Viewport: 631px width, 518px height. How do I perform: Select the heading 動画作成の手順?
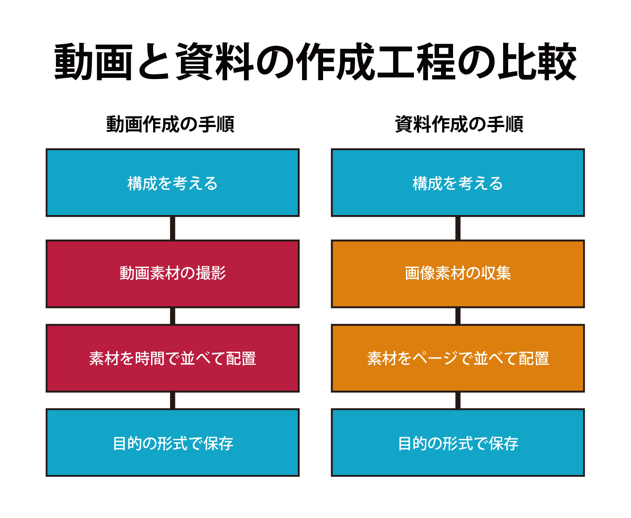[170, 124]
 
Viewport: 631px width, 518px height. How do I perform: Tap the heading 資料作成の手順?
[459, 124]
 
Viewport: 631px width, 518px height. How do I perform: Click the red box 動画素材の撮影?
[172, 274]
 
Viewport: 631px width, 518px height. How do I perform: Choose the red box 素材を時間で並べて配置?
[172, 358]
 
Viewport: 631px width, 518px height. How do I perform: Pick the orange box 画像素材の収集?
[458, 274]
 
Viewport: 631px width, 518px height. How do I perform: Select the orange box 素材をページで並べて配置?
[458, 358]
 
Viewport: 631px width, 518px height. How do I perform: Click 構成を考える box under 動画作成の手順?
[172, 183]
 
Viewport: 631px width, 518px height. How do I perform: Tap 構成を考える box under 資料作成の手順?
[458, 183]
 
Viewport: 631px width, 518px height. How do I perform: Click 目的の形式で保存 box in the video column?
[172, 443]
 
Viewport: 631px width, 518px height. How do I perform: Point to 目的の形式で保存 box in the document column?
[458, 443]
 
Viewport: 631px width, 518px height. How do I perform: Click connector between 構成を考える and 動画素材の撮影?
[172, 228]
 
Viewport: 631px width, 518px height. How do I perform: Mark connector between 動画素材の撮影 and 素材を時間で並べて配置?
[172, 316]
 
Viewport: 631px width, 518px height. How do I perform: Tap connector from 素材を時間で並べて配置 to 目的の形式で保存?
[172, 401]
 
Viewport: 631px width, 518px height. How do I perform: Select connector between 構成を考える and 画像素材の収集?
[458, 228]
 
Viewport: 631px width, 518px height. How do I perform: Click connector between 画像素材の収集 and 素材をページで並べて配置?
[458, 316]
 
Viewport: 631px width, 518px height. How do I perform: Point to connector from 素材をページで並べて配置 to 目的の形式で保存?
[458, 401]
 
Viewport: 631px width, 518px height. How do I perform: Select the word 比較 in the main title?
[537, 61]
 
